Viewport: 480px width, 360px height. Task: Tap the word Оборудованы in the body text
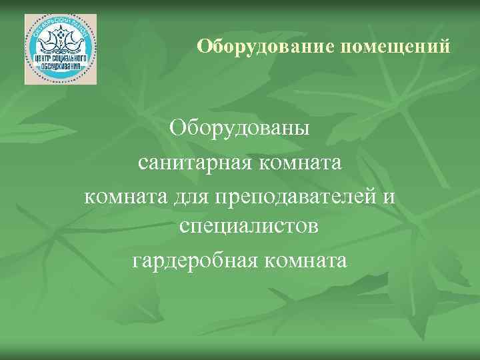pos(239,127)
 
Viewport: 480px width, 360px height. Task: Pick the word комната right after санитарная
pos(299,162)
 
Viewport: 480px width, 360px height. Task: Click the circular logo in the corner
pos(61,49)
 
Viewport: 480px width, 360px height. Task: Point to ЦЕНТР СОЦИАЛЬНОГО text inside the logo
pos(61,59)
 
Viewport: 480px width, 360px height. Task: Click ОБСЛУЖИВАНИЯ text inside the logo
pos(61,67)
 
